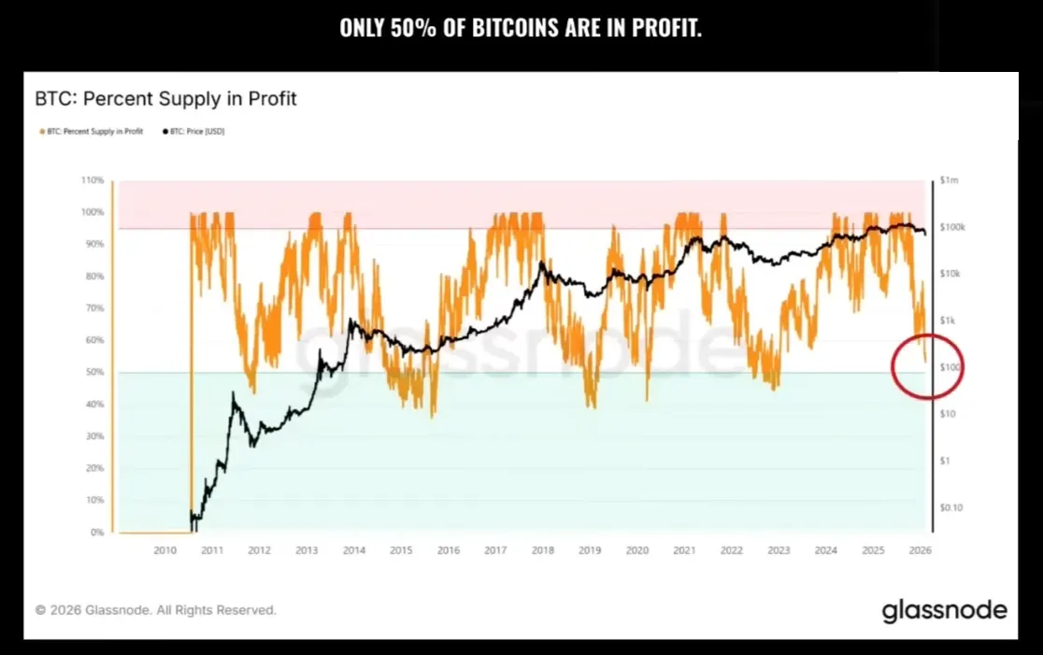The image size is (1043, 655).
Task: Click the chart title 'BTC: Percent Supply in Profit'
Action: (x=165, y=98)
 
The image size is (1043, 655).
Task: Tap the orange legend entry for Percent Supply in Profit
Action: (x=91, y=132)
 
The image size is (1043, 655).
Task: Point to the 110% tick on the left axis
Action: (x=93, y=179)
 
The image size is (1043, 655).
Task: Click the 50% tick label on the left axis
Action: (x=94, y=372)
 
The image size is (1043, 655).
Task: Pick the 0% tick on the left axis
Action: (x=97, y=533)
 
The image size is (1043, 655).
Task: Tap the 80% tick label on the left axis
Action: (x=94, y=276)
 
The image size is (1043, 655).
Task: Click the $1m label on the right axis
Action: (x=950, y=179)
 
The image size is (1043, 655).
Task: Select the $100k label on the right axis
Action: (x=952, y=227)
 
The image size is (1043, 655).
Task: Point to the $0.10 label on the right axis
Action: (x=951, y=507)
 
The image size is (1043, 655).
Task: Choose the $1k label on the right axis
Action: (x=949, y=320)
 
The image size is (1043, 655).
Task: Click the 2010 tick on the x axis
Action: (x=164, y=550)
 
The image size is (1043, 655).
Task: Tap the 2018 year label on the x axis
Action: (x=542, y=550)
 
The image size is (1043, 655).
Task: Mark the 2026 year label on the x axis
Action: (x=920, y=550)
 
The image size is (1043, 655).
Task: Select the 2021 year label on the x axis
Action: (x=684, y=550)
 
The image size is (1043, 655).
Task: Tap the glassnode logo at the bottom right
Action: (x=944, y=610)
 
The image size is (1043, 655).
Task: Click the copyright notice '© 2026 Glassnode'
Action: (x=155, y=610)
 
